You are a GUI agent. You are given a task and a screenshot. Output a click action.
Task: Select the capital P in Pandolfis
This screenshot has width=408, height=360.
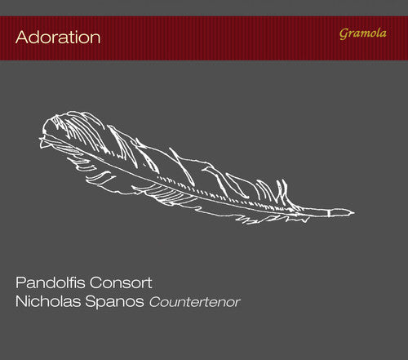[20, 285]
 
